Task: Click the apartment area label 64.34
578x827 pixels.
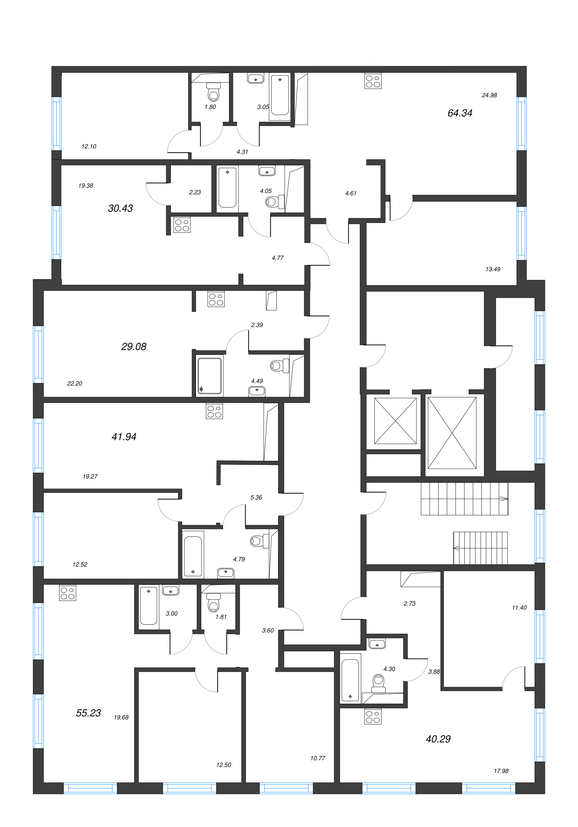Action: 459,113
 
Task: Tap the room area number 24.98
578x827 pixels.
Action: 489,96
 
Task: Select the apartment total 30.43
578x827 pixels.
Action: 120,208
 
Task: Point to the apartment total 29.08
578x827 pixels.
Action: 134,346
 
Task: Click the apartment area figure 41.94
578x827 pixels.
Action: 124,437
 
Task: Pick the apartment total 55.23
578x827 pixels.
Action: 88,713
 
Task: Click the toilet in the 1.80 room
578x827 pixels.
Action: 213,93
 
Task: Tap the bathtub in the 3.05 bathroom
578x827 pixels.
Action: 280,95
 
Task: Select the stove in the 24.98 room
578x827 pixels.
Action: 373,81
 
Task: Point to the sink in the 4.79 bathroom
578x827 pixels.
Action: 225,572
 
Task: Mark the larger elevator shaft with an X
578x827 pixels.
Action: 452,433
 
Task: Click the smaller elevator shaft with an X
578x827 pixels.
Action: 395,421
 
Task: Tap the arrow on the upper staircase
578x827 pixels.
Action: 503,499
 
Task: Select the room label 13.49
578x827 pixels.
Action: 493,269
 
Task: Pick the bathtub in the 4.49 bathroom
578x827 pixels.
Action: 209,376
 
